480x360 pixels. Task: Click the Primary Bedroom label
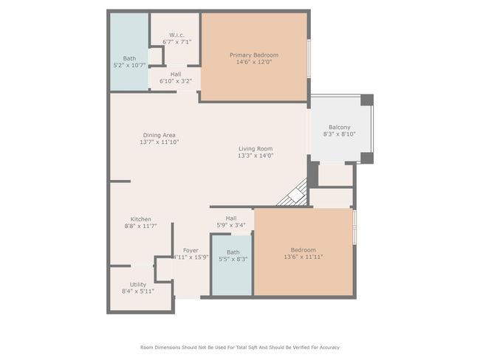point(254,55)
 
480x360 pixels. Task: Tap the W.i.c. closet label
point(176,35)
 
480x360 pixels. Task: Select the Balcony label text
point(339,127)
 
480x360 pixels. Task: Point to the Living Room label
point(256,149)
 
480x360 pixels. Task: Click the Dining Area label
point(160,135)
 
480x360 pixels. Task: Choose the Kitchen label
point(141,219)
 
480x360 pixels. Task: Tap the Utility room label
point(138,285)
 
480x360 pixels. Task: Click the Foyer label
point(191,250)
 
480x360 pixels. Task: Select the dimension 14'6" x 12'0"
point(254,62)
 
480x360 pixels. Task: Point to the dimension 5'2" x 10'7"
point(129,65)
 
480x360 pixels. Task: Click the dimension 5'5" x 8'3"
point(233,259)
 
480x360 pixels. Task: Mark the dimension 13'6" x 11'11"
point(303,257)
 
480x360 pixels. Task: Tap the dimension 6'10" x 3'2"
point(176,81)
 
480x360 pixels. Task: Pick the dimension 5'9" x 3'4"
point(231,226)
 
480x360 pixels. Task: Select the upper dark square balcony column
point(367,100)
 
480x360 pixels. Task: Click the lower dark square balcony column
point(367,158)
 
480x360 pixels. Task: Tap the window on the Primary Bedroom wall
point(309,58)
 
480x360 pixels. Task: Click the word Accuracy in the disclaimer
point(329,347)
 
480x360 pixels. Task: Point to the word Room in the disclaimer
point(146,347)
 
